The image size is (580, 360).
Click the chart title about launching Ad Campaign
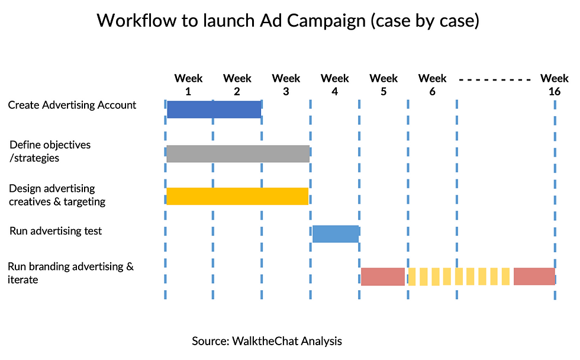[x=288, y=21]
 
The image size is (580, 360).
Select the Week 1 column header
[x=188, y=85]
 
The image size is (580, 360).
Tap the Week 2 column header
[x=237, y=85]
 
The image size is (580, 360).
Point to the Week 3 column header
[x=286, y=85]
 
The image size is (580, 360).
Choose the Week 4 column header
[x=335, y=85]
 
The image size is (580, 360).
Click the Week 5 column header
[x=384, y=85]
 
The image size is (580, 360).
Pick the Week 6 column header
[x=433, y=85]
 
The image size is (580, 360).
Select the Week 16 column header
[x=555, y=85]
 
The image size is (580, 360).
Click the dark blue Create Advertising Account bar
[x=214, y=110]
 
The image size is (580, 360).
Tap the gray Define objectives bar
[x=238, y=154]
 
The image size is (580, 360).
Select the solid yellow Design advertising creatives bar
[x=237, y=196]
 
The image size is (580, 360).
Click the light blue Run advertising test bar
[x=336, y=234]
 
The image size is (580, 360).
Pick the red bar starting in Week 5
[x=383, y=277]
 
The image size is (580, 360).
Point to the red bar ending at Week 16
[x=534, y=277]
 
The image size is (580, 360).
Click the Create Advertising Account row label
[x=72, y=105]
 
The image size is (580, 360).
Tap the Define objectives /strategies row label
[x=50, y=152]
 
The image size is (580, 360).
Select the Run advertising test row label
[x=56, y=232]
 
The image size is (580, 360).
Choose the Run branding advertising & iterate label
[x=70, y=273]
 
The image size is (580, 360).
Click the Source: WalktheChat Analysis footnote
[x=267, y=341]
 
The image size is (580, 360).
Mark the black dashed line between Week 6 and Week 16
[x=495, y=79]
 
